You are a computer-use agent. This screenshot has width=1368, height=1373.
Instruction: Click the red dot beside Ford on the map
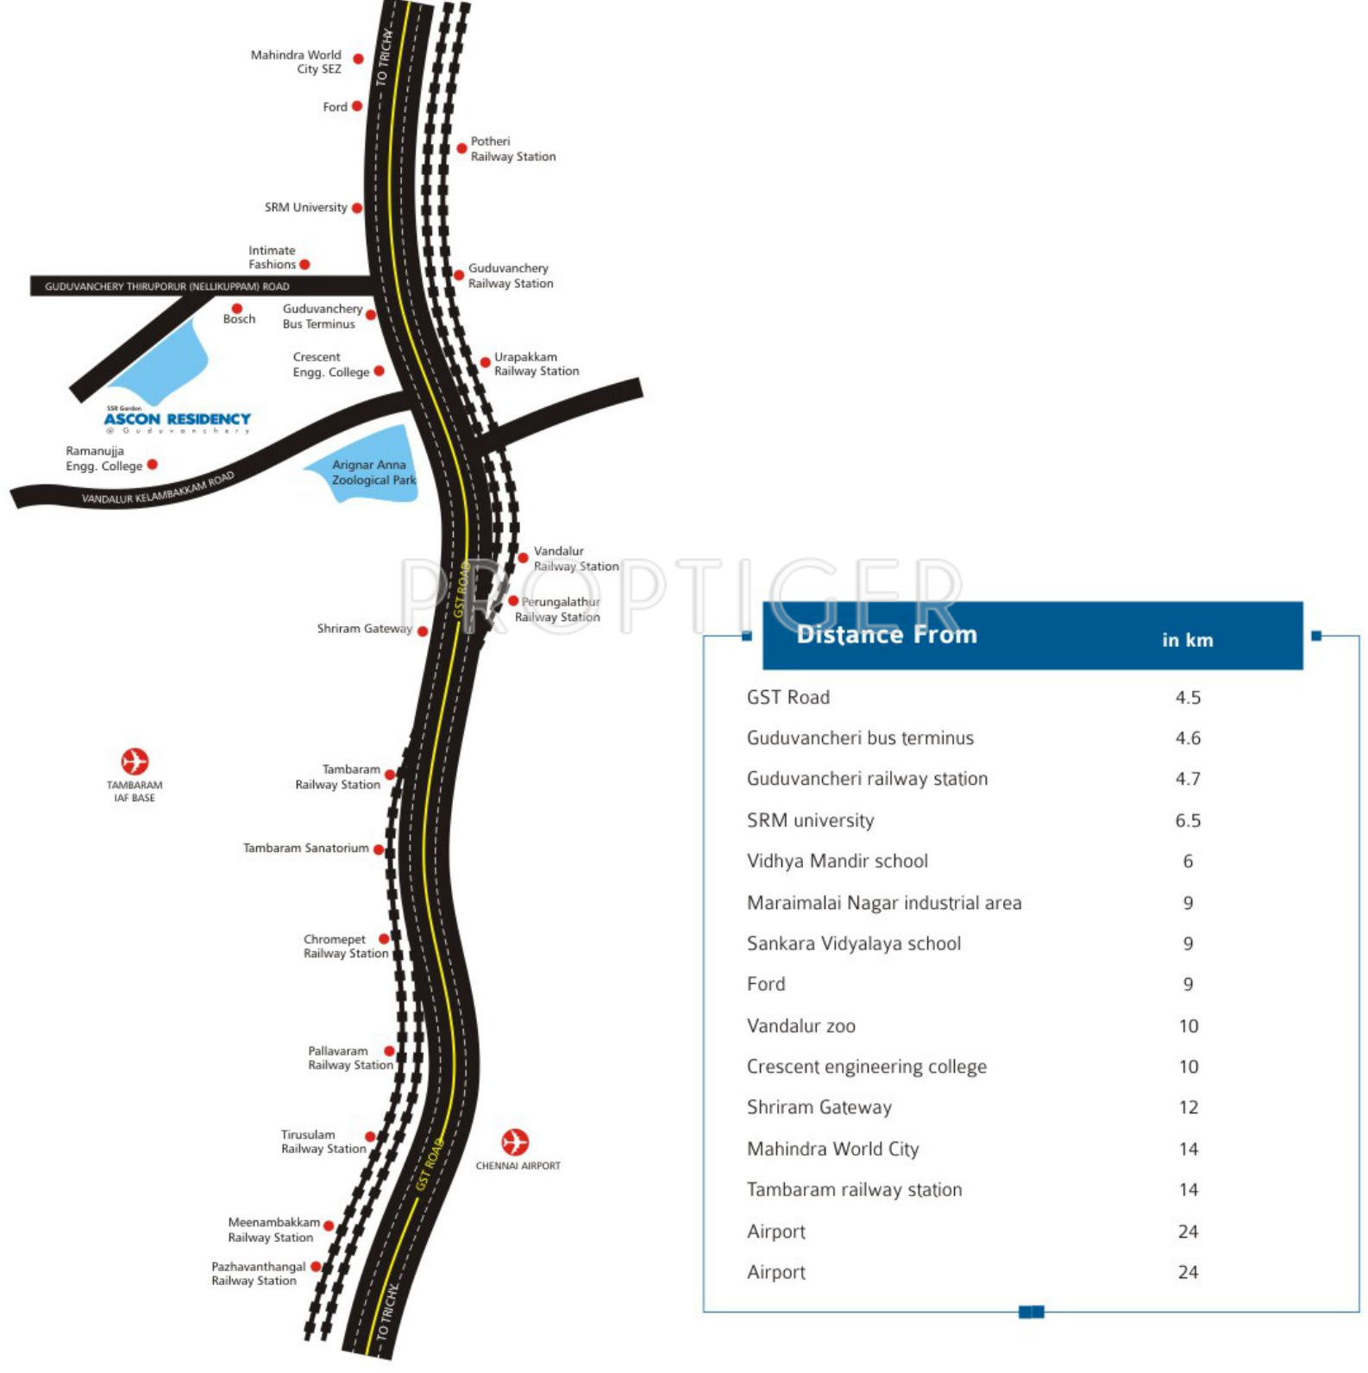(x=357, y=106)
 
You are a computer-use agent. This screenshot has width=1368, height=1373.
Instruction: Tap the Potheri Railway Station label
(x=512, y=148)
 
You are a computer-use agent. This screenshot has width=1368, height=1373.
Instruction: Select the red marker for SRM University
(x=357, y=208)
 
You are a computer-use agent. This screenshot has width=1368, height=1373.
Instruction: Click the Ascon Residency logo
(x=178, y=420)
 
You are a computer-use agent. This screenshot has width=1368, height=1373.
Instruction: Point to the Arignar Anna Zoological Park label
(x=373, y=473)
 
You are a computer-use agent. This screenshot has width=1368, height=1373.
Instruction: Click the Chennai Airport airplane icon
(x=515, y=1142)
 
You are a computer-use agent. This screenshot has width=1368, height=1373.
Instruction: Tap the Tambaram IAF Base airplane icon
(x=135, y=762)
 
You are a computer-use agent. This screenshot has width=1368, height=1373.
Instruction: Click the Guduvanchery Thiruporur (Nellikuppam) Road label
(x=167, y=286)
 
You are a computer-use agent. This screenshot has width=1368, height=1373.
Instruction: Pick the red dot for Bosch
(x=237, y=308)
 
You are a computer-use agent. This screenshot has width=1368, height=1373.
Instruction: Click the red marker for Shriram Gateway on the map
(x=423, y=631)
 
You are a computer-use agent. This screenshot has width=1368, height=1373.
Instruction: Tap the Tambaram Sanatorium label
(x=305, y=849)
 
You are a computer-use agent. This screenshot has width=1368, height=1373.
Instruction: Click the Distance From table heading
(x=887, y=635)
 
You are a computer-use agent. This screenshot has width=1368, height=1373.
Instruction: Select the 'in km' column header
(x=1187, y=640)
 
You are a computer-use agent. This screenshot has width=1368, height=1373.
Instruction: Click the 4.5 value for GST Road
(x=1188, y=698)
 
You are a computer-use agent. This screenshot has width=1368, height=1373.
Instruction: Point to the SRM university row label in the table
(x=810, y=820)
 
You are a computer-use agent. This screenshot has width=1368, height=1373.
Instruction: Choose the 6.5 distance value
(x=1188, y=820)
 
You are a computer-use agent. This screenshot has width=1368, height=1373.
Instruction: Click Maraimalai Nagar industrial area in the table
(x=884, y=903)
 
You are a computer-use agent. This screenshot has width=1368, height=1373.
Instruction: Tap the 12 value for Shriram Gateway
(x=1189, y=1107)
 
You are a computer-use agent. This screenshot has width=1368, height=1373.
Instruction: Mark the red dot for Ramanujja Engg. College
(x=153, y=464)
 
